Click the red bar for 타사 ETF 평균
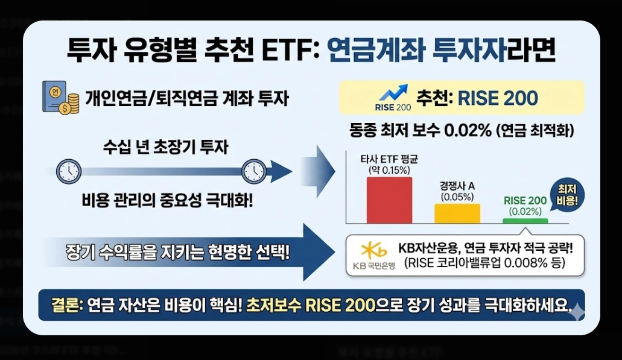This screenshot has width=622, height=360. click(389, 200)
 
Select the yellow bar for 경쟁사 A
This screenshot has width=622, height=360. click(457, 213)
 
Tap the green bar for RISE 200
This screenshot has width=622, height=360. click(525, 221)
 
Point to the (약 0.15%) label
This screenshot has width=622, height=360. click(390, 171)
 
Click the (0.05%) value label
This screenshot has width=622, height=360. click(457, 197)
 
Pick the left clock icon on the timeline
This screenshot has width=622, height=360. click(68, 172)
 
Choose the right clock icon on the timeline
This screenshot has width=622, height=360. click(253, 172)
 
